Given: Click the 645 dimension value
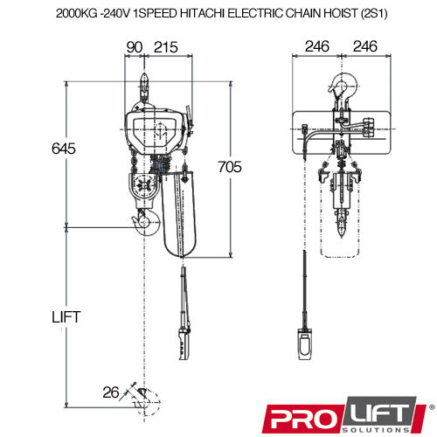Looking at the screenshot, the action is [x=64, y=149].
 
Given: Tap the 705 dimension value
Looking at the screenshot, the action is [x=230, y=167].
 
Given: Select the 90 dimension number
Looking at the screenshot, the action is [x=135, y=47].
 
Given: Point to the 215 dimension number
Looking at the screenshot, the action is [x=166, y=47].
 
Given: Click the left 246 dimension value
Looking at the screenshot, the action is [x=317, y=46].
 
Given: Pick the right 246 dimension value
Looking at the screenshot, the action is [x=365, y=46].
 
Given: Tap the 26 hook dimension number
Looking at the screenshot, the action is [x=111, y=392].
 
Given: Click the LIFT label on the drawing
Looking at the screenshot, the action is [x=66, y=317].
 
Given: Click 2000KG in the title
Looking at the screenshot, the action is [x=77, y=13].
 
